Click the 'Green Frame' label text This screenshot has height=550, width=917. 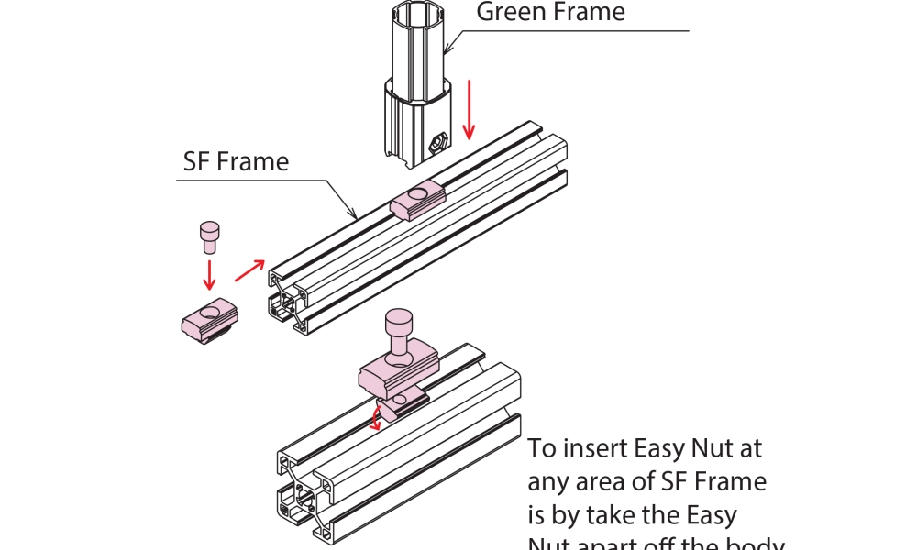click(x=550, y=12)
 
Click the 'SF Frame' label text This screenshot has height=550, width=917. click(x=236, y=162)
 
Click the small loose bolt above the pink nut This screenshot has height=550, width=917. click(x=208, y=236)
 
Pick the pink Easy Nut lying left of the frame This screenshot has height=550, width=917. click(x=209, y=320)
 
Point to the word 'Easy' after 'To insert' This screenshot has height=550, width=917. click(x=659, y=450)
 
